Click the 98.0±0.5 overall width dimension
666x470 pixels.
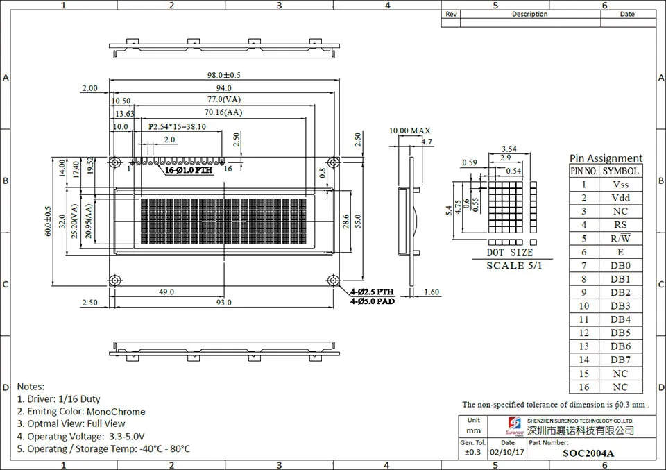[223, 75]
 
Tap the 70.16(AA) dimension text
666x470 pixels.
[223, 112]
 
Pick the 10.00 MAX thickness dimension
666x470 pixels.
[409, 131]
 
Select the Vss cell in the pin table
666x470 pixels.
[620, 184]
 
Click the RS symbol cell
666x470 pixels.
[620, 225]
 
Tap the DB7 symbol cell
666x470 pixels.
[620, 360]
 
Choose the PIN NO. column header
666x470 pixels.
[583, 171]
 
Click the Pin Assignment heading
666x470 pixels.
[606, 158]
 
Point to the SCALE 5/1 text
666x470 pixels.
[515, 265]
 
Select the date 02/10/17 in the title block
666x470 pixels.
[507, 453]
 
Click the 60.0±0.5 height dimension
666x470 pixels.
[48, 221]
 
